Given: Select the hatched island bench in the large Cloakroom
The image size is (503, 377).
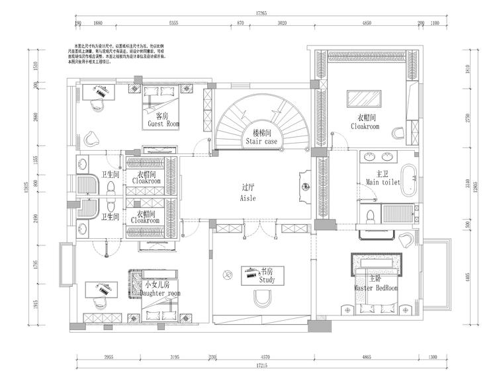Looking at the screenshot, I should pos(363,97).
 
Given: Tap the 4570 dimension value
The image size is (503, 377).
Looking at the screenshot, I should pos(263,357).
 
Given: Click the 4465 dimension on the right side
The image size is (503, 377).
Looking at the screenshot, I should pos(468,276).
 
